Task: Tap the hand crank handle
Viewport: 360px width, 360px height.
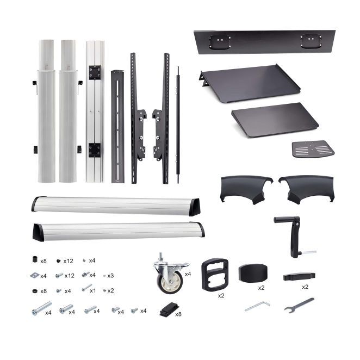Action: tap(295, 237)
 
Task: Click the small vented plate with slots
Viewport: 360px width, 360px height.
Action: tap(313, 149)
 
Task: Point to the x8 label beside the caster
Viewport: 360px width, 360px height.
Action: tap(178, 314)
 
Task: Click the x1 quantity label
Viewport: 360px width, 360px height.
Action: tap(93, 290)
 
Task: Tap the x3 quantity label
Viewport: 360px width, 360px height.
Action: tap(110, 276)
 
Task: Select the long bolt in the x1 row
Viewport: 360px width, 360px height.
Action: tap(87, 288)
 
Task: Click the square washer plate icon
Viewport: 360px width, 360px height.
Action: tap(35, 275)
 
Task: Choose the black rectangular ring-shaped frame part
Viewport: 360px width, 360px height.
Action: tap(215, 275)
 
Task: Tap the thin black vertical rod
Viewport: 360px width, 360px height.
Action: tap(178, 125)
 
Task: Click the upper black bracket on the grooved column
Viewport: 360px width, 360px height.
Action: tap(95, 72)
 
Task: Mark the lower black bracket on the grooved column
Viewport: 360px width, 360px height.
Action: tap(95, 150)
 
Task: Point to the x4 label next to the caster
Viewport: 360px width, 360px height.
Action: tap(188, 274)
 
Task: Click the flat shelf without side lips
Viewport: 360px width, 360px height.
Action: tap(275, 120)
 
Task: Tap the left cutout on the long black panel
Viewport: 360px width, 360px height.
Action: tap(220, 42)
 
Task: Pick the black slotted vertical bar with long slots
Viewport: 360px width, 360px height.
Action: tap(117, 127)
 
